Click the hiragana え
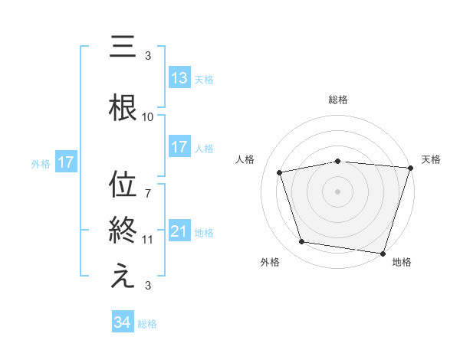(x=123, y=277)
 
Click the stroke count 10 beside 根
(x=148, y=117)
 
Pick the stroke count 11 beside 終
(x=148, y=240)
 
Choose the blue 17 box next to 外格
(x=65, y=162)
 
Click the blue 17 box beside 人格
(x=179, y=147)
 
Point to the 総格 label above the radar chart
(x=338, y=100)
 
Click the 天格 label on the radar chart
(x=431, y=159)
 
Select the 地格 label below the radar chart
(x=402, y=262)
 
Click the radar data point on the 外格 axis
(x=302, y=242)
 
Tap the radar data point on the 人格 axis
(x=280, y=172)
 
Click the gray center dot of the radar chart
(x=338, y=191)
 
